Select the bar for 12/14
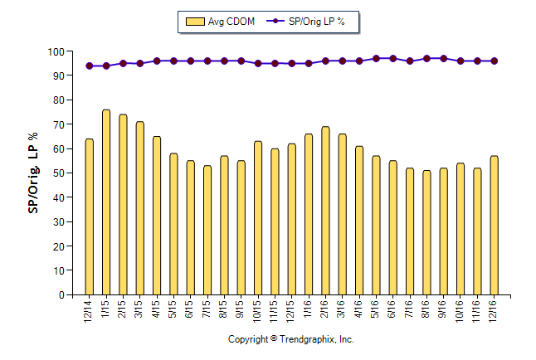pos(90,216)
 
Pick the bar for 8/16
pos(426,232)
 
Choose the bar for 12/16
pos(495,225)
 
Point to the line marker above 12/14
pos(90,66)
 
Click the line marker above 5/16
pos(376,59)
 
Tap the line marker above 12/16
pos(495,61)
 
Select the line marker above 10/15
pos(258,63)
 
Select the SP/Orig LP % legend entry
pos(311,22)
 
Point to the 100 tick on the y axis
pos(56,51)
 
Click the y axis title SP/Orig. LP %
pos(33,173)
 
